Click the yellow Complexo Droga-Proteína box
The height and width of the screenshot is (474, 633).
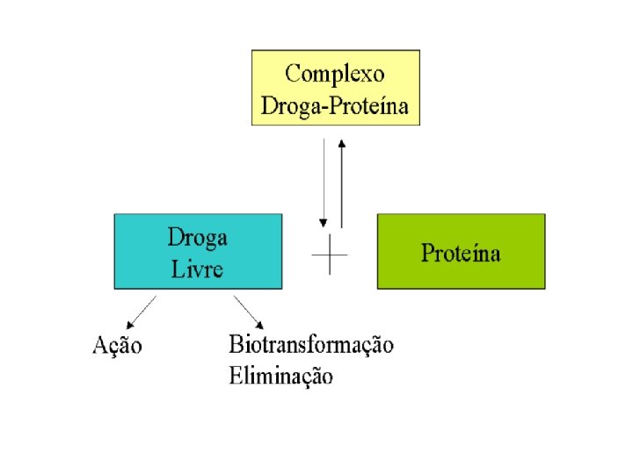pyautogui.click(x=335, y=87)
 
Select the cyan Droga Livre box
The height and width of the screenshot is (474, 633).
pyautogui.click(x=198, y=251)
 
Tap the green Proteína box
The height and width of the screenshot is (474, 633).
pyautogui.click(x=461, y=251)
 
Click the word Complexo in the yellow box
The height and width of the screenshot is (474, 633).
pyautogui.click(x=334, y=74)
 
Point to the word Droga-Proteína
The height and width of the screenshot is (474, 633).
pyautogui.click(x=335, y=107)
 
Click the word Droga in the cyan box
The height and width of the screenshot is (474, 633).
pyautogui.click(x=197, y=238)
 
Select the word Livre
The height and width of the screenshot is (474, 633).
pyautogui.click(x=197, y=267)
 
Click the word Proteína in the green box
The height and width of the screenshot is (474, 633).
pyautogui.click(x=461, y=254)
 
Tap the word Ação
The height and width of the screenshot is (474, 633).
pyautogui.click(x=117, y=345)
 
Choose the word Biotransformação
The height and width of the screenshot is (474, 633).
pyautogui.click(x=311, y=344)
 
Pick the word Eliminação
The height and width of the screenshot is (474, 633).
pyautogui.click(x=281, y=377)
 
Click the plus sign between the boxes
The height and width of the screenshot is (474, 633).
pyautogui.click(x=330, y=255)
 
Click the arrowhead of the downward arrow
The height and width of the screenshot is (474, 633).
pyautogui.click(x=324, y=221)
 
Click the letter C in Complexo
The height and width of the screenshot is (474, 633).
pyautogui.click(x=293, y=74)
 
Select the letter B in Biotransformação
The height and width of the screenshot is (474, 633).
pyautogui.click(x=236, y=343)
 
